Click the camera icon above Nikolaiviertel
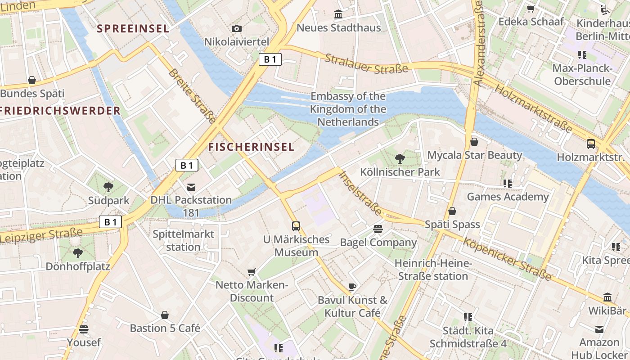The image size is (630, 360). [x=237, y=29]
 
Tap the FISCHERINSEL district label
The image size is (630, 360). [x=251, y=147]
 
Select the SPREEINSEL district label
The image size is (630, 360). [x=133, y=28]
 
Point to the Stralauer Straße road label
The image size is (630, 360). [x=366, y=64]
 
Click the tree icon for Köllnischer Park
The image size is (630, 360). [x=400, y=158]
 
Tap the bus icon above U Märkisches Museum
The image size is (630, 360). [x=296, y=226]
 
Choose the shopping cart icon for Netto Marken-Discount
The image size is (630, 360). [x=252, y=272]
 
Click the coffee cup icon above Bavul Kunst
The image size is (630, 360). [x=352, y=287]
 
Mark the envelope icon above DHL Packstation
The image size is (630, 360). [x=191, y=187]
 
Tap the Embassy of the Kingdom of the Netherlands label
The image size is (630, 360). [x=348, y=109]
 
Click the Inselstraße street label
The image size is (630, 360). [x=360, y=193]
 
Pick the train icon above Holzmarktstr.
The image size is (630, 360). [x=591, y=144]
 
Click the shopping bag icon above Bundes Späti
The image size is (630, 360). [x=32, y=81]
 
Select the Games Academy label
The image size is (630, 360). [x=508, y=197]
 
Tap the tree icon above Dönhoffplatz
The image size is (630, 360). [x=78, y=253]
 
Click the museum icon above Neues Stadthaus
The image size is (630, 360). [x=338, y=14]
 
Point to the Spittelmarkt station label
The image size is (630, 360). [x=184, y=240]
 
